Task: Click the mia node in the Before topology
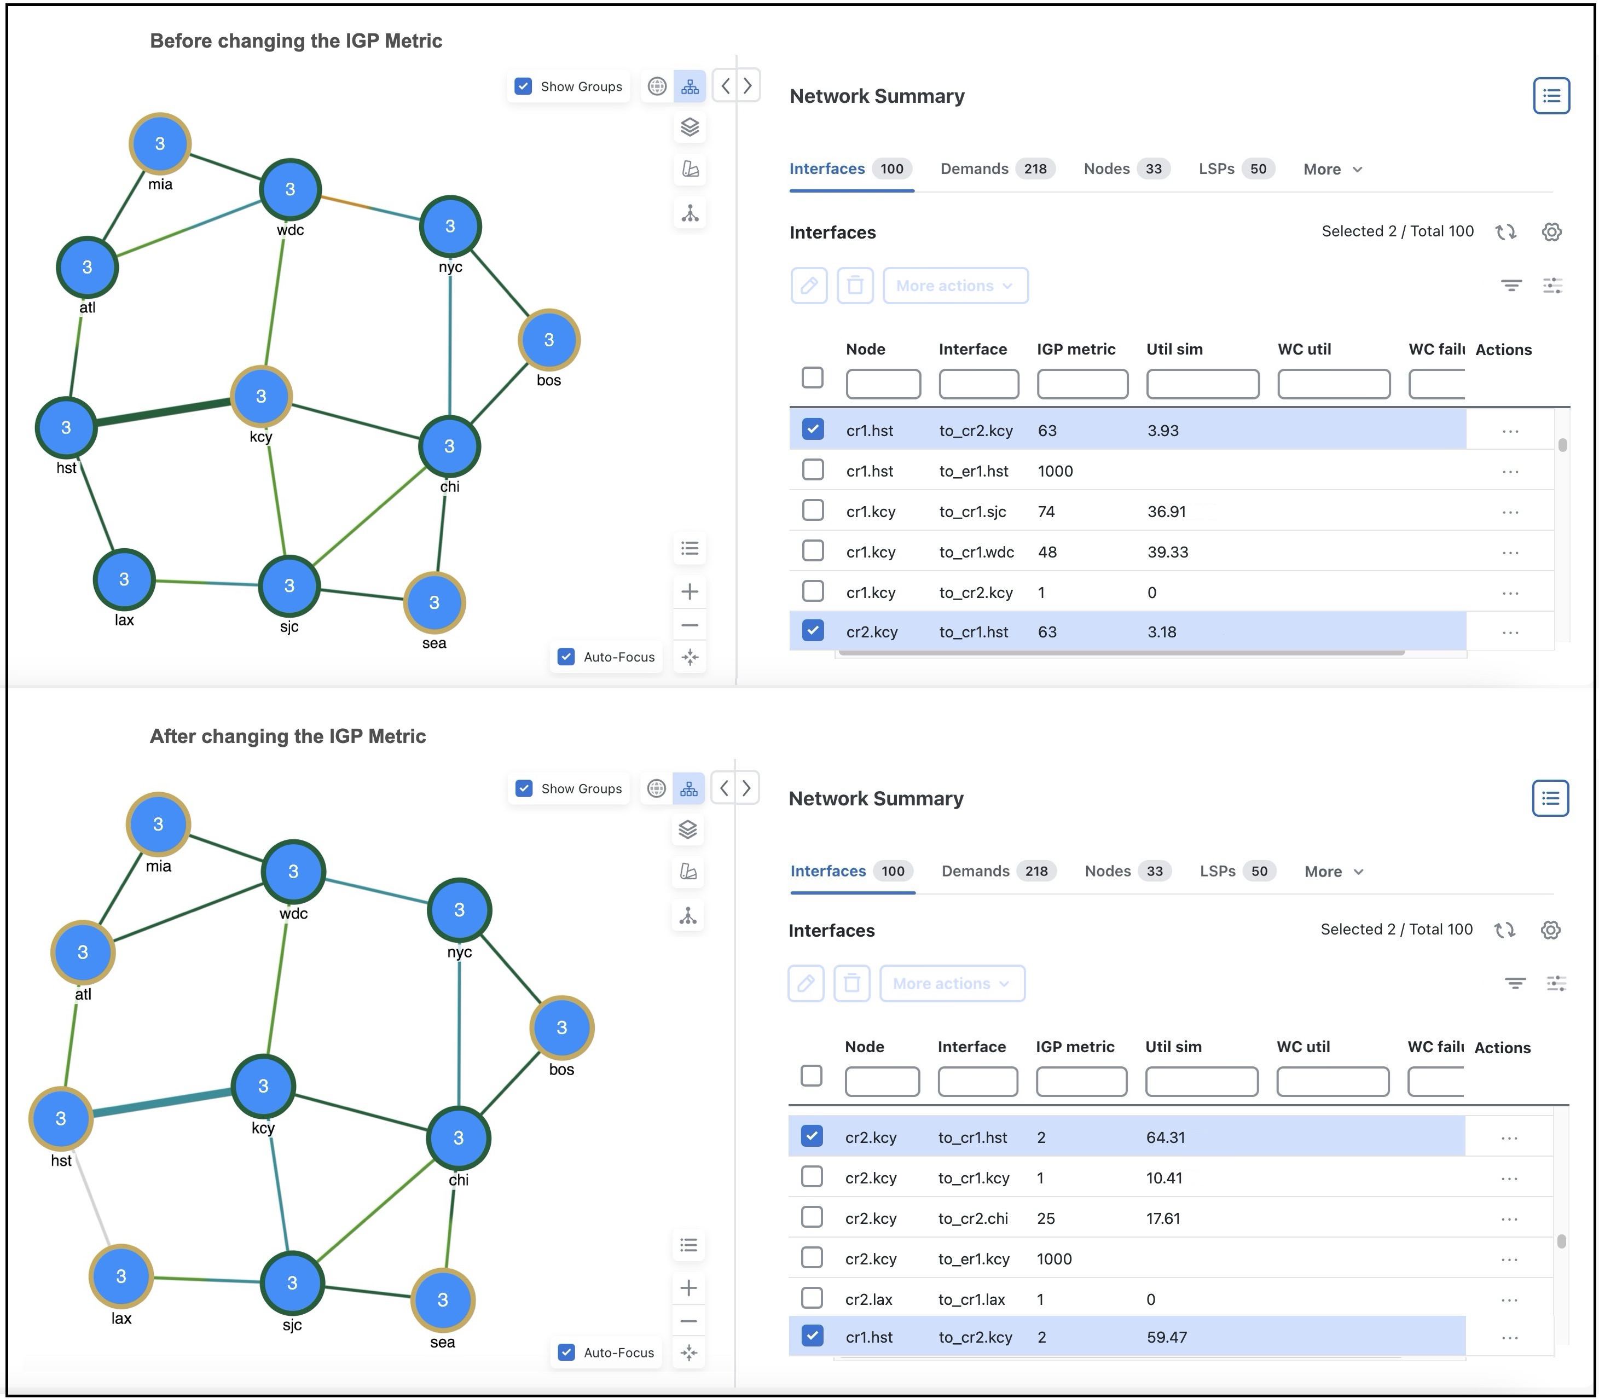click(159, 144)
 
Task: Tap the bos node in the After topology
click(561, 1028)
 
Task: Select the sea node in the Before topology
click(434, 603)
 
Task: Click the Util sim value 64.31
click(1165, 1137)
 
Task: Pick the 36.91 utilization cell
click(1167, 512)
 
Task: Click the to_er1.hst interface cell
click(973, 471)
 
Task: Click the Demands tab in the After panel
click(975, 871)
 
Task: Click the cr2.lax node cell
click(868, 1299)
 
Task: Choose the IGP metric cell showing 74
click(1046, 512)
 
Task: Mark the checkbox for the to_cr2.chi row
click(812, 1218)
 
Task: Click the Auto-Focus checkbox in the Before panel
click(566, 657)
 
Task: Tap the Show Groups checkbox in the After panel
click(524, 788)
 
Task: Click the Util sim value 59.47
click(1167, 1337)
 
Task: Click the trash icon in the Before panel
click(855, 286)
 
